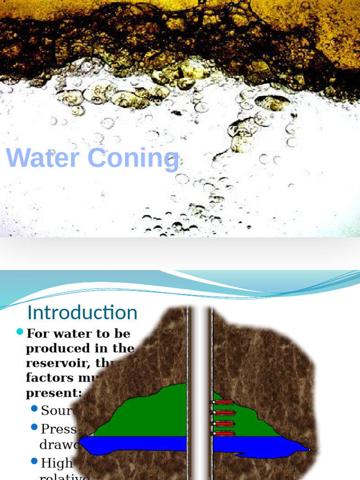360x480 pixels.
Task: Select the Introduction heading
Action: pos(82,313)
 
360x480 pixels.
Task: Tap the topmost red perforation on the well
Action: pos(224,402)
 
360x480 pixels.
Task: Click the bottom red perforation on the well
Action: pos(224,434)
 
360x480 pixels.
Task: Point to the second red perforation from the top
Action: pos(224,412)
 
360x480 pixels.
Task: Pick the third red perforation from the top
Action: pos(224,423)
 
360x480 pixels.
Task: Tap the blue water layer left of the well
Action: pos(136,443)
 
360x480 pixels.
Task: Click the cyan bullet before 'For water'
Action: pos(20,332)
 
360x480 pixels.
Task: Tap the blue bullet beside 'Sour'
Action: pos(34,409)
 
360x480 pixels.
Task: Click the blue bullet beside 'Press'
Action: pos(34,427)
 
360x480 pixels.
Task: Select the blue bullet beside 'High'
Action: pos(34,461)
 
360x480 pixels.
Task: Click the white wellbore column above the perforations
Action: pos(200,352)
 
